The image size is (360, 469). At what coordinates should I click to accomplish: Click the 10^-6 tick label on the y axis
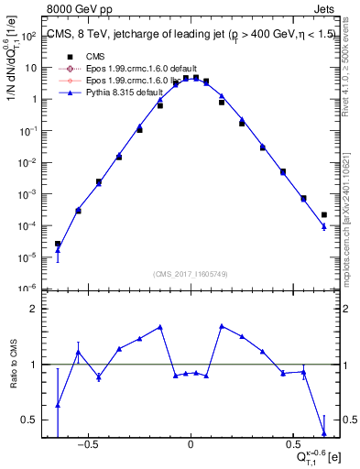click(28, 288)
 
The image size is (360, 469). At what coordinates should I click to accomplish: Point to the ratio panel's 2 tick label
click(35, 309)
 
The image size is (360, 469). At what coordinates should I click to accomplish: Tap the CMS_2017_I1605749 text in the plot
click(190, 274)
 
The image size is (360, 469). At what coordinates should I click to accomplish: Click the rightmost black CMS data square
click(324, 215)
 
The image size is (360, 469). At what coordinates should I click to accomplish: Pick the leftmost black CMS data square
click(58, 244)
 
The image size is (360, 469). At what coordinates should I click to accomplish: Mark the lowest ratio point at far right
click(324, 433)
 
